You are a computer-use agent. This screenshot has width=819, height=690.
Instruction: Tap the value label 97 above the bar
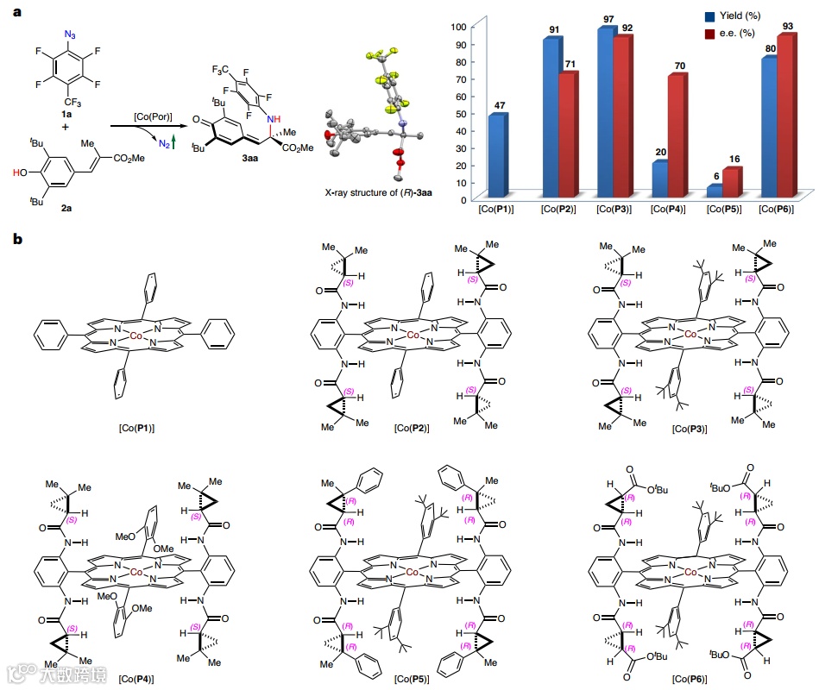(x=606, y=19)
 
